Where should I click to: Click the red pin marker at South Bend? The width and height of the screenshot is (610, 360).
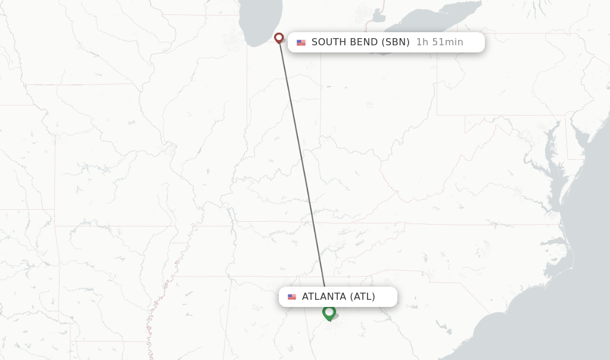pos(279,38)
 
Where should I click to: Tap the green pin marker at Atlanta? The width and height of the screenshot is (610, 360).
pos(329,312)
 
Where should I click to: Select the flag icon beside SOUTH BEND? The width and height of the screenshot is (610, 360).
pos(301,42)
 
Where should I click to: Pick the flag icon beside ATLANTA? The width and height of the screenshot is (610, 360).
pos(292,297)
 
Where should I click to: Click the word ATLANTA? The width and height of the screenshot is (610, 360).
pos(324,297)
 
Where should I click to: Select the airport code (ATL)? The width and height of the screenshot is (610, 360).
pos(362,297)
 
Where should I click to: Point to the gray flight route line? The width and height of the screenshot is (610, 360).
pos(303,167)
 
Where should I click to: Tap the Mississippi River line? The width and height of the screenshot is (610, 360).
pos(160,298)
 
